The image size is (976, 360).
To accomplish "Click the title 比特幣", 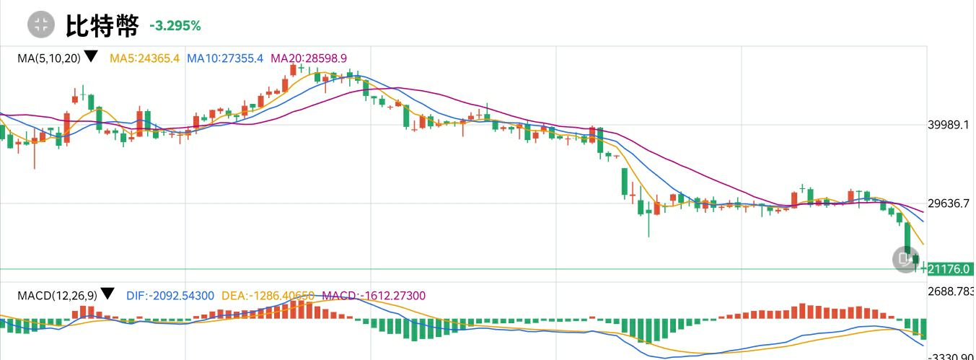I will click(x=102, y=26).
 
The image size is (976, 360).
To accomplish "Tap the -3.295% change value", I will click(x=175, y=26).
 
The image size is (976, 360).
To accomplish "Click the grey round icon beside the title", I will click(x=41, y=25).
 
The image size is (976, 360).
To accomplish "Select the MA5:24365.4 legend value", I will click(x=144, y=58).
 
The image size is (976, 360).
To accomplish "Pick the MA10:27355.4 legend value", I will click(x=225, y=58).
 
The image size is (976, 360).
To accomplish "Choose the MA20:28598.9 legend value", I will click(x=309, y=58).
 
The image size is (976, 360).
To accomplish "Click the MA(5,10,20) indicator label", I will click(x=48, y=58).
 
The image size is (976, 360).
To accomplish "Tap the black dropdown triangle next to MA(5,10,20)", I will click(x=91, y=56).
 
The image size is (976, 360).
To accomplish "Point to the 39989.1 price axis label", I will click(x=948, y=125).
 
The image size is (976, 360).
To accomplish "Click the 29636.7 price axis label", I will click(x=948, y=203).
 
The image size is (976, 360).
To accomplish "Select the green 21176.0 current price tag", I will click(x=949, y=269).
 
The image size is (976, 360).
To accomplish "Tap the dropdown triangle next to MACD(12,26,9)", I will click(x=107, y=294).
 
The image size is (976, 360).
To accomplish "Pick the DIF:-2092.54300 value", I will click(x=170, y=295).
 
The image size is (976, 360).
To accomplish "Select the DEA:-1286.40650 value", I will click(x=268, y=295).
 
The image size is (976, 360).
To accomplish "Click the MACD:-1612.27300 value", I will click(x=374, y=295).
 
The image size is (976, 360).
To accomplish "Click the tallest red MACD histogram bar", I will click(x=801, y=311).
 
